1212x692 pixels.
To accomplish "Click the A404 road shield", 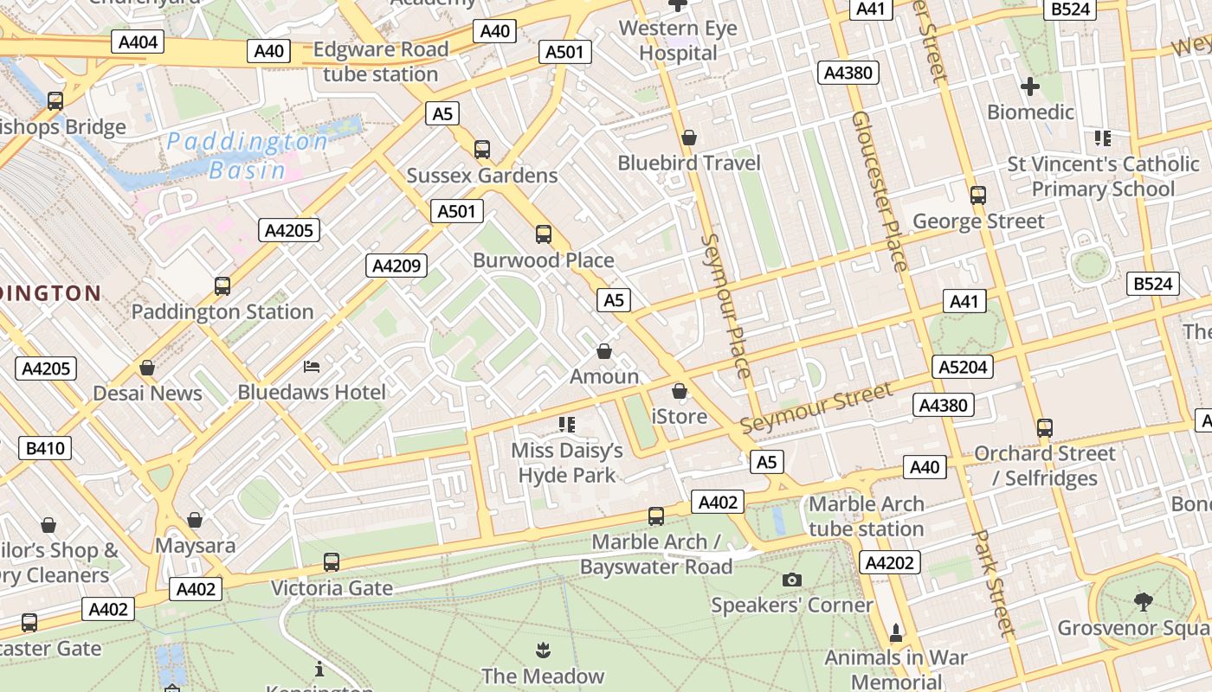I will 138,42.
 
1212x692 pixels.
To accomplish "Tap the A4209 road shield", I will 396,266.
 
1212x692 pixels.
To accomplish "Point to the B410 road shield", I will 45,448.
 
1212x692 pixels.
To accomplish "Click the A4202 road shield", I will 890,563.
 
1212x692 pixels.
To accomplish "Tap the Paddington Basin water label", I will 248,155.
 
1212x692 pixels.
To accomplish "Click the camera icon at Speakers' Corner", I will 791,580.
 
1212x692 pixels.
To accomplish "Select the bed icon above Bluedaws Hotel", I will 312,367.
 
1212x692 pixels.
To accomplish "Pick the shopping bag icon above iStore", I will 680,391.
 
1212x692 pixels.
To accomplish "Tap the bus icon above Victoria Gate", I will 331,562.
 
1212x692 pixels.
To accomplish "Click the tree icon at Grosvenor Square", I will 1143,601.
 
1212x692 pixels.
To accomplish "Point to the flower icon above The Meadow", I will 543,650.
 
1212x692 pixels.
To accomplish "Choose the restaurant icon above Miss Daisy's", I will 567,424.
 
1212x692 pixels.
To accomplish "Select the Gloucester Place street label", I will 880,190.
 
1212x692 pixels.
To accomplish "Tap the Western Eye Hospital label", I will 678,41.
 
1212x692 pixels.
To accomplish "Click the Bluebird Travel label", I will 689,163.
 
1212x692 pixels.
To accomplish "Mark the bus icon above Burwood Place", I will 544,234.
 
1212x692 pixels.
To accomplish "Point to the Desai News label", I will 147,393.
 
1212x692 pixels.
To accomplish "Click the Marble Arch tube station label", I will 866,516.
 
